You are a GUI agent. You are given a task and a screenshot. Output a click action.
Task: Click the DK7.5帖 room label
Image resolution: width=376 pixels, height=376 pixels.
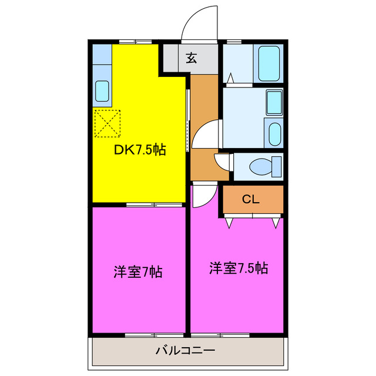tap(139, 150)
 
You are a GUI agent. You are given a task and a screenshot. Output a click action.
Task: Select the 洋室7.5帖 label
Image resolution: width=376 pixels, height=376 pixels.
tap(239, 268)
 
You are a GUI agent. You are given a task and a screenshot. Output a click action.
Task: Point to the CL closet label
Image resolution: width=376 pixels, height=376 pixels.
tap(251, 199)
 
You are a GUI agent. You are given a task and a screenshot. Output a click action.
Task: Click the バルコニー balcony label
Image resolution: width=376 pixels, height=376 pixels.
tap(185, 351)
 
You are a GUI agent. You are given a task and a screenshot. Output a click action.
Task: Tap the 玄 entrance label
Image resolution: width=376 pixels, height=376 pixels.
tap(192, 58)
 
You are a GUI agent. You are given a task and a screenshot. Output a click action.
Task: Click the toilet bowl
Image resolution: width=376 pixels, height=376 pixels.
tap(260, 167)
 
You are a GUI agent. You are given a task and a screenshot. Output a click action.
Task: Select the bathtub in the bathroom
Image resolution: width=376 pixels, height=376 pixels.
tap(270, 63)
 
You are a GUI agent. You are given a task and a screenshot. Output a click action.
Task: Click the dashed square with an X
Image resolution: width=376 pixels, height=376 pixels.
tap(107, 123)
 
